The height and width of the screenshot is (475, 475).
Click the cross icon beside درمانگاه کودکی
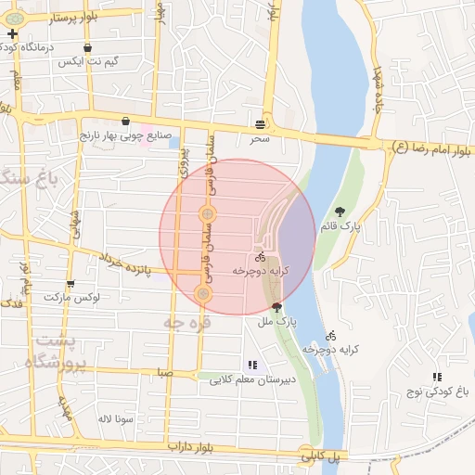pyautogui.click(x=12, y=35)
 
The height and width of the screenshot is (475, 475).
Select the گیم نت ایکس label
pyautogui.click(x=88, y=61)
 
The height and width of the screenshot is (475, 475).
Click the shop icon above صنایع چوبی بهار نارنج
pyautogui.click(x=125, y=121)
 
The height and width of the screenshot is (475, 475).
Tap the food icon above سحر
pyautogui.click(x=260, y=123)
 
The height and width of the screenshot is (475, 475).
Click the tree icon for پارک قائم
pyautogui.click(x=340, y=211)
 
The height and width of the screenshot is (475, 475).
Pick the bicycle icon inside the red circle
pyautogui.click(x=260, y=256)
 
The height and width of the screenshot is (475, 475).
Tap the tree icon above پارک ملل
pyautogui.click(x=276, y=306)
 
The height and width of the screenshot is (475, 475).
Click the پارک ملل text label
pyautogui.click(x=276, y=321)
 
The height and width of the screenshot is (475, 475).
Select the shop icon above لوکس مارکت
pyautogui.click(x=71, y=283)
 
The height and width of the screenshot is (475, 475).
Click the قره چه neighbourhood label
pyautogui.click(x=186, y=322)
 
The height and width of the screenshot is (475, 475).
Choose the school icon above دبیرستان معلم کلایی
pyautogui.click(x=251, y=365)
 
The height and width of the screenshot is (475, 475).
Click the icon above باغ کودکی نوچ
pyautogui.click(x=436, y=376)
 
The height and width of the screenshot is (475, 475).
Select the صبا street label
pyautogui.click(x=164, y=372)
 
